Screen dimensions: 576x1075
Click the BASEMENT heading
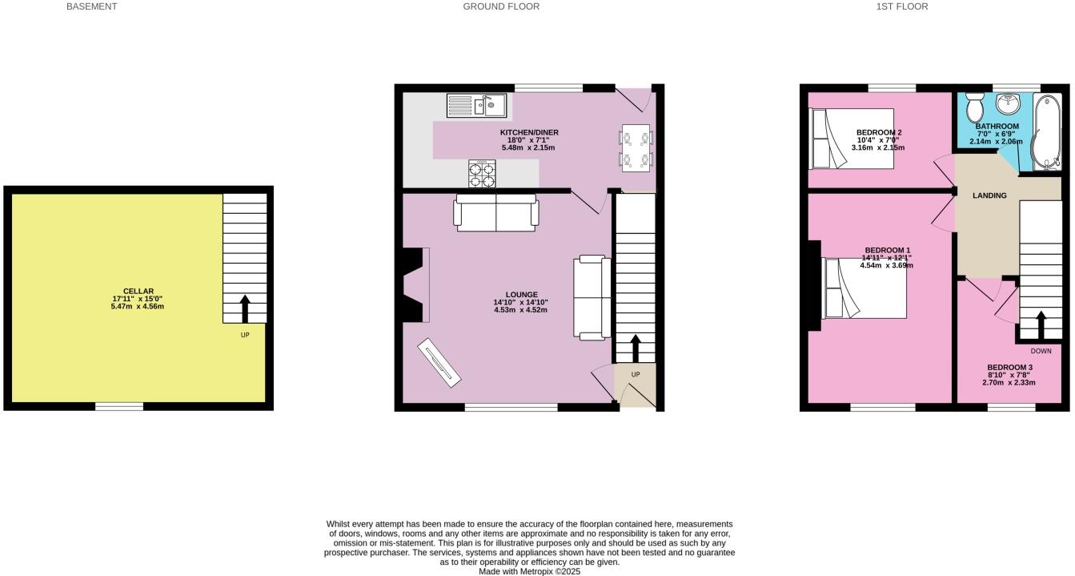(91, 6)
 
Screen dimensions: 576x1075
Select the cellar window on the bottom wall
(119, 407)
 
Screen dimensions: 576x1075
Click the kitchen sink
(476, 106)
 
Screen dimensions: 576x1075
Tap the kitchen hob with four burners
(482, 173)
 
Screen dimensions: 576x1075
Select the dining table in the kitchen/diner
(637, 148)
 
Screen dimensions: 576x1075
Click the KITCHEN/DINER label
(528, 132)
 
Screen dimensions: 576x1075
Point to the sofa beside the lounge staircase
(591, 297)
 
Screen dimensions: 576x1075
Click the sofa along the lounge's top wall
(496, 213)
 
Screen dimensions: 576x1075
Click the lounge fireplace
(415, 284)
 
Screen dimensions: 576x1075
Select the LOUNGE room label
(520, 295)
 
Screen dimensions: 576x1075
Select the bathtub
(1045, 132)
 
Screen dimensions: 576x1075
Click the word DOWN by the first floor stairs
(1041, 351)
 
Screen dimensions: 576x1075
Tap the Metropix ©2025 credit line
(529, 571)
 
